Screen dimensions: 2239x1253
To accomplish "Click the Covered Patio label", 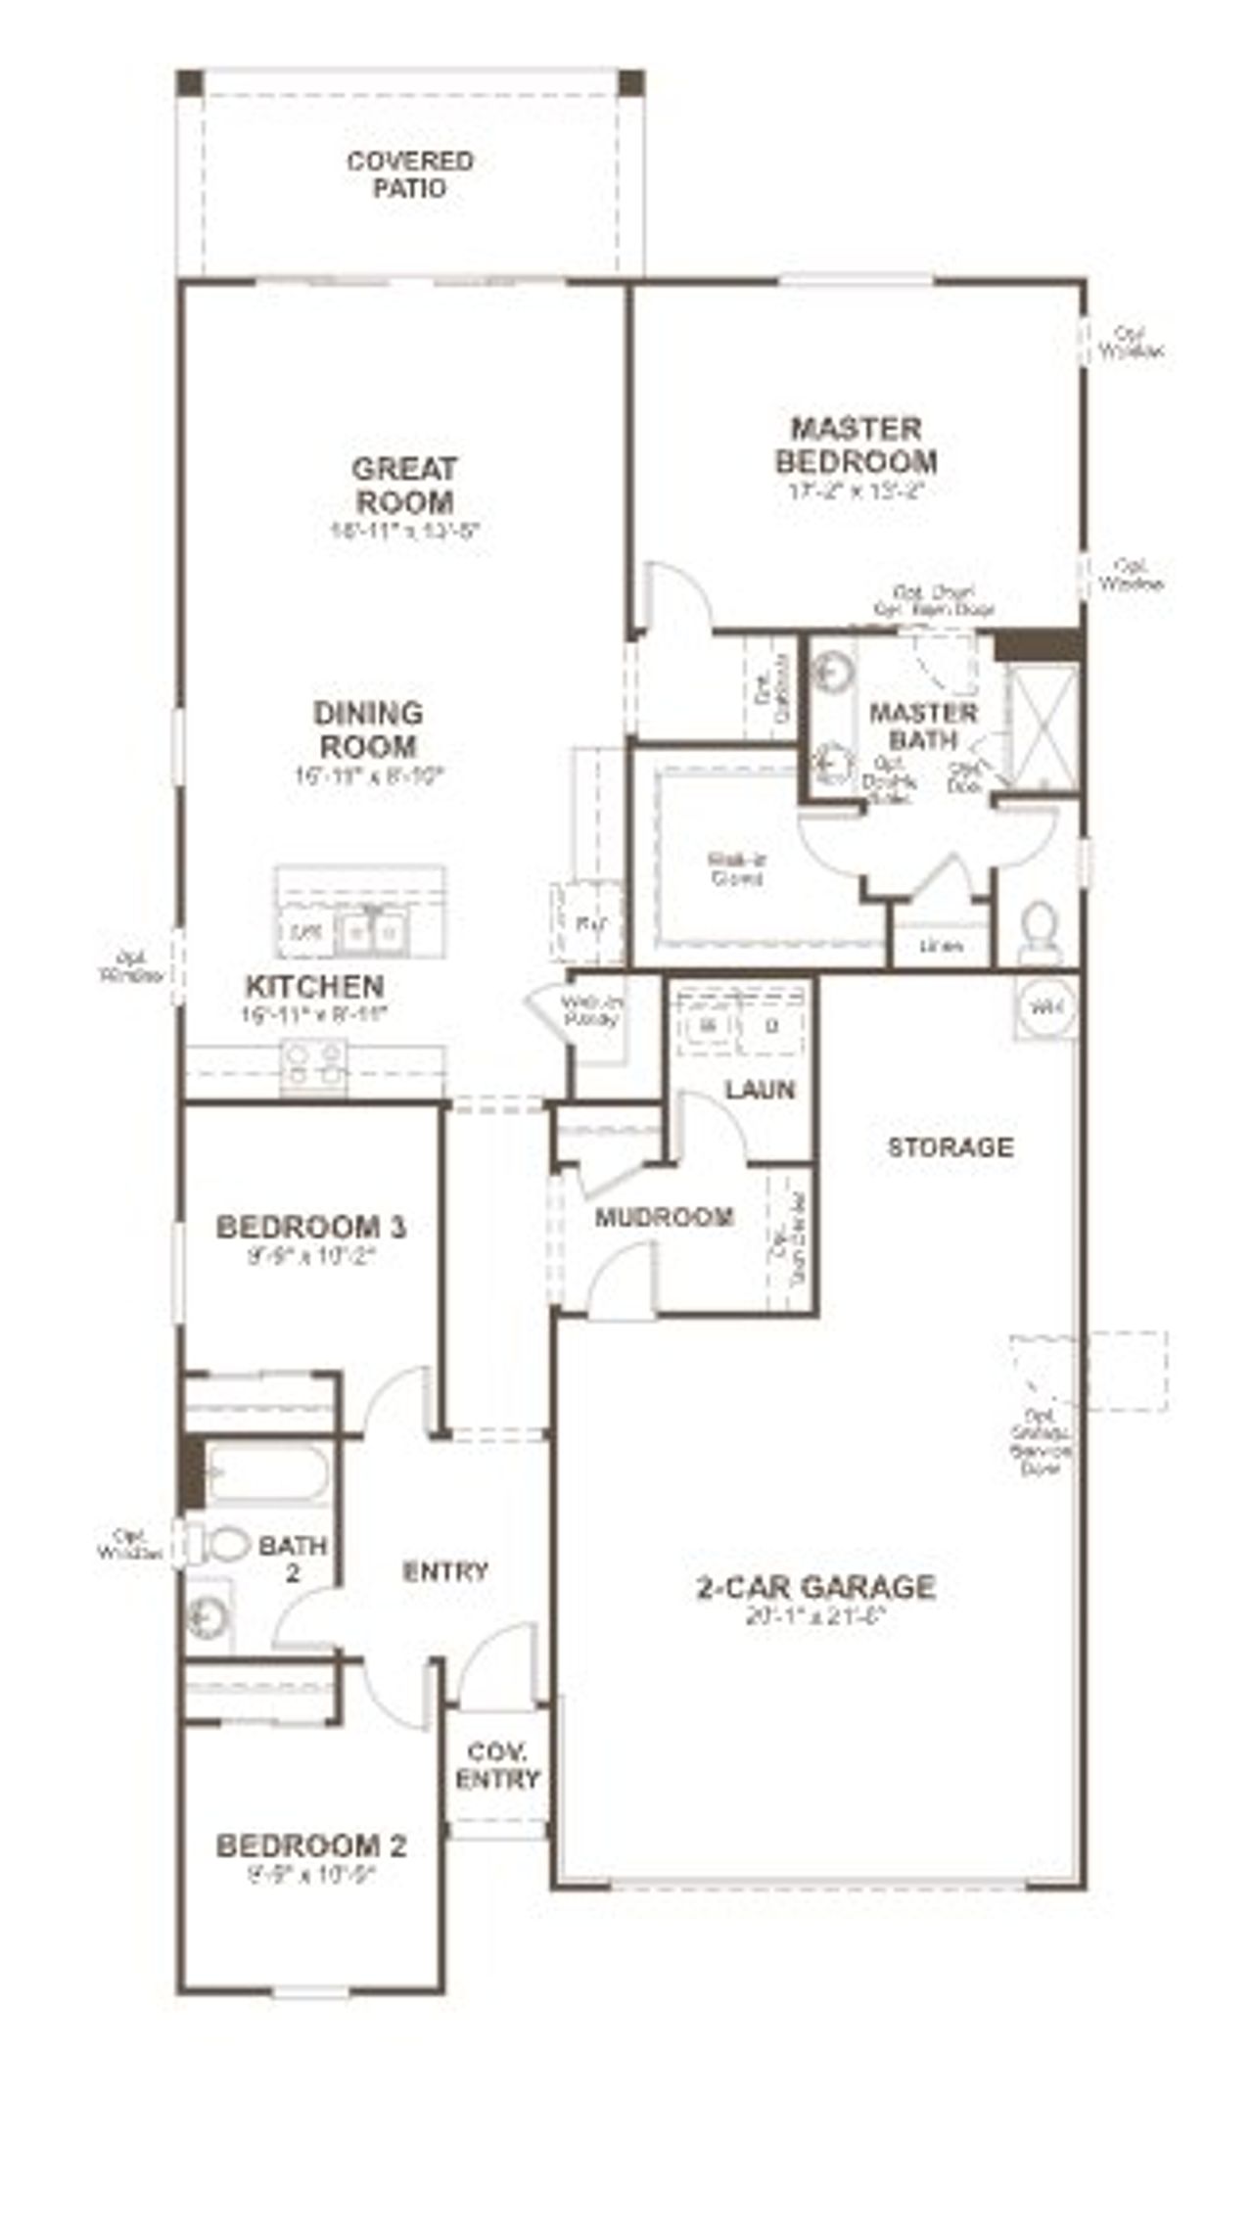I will click(x=410, y=174).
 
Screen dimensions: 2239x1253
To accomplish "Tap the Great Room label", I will click(x=404, y=486).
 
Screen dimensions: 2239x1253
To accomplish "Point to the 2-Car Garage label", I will click(x=815, y=1587).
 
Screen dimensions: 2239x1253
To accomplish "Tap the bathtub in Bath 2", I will click(x=266, y=1474).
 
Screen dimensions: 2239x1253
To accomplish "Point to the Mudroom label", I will click(x=665, y=1217).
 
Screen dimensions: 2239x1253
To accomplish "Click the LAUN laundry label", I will click(x=760, y=1090).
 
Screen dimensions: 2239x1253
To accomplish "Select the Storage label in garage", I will click(x=950, y=1146).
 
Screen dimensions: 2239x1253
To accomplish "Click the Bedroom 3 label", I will click(x=311, y=1227).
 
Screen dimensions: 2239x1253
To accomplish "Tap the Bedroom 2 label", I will click(x=311, y=1846).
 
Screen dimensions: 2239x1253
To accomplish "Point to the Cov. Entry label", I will click(x=498, y=1765).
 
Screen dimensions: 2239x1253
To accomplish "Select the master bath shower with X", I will click(x=1042, y=726).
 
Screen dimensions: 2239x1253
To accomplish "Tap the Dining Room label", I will click(x=368, y=729).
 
